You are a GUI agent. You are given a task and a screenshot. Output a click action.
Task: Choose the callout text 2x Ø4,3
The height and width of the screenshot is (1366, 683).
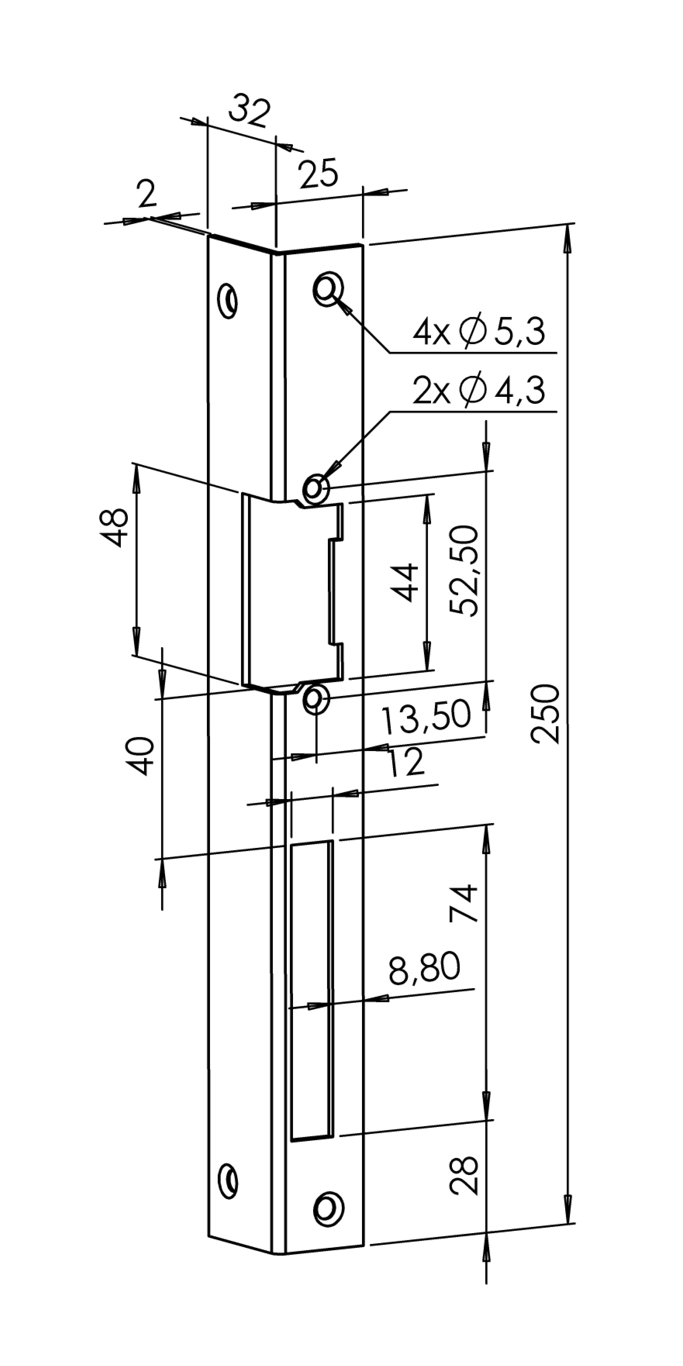[x=479, y=391]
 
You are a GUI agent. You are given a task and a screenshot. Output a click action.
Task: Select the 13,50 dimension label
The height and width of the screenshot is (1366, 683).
[x=426, y=716]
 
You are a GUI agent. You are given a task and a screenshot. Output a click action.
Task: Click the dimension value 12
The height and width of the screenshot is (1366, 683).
[x=406, y=762]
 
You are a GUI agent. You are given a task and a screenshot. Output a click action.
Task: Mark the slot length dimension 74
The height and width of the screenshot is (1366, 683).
[x=464, y=904]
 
